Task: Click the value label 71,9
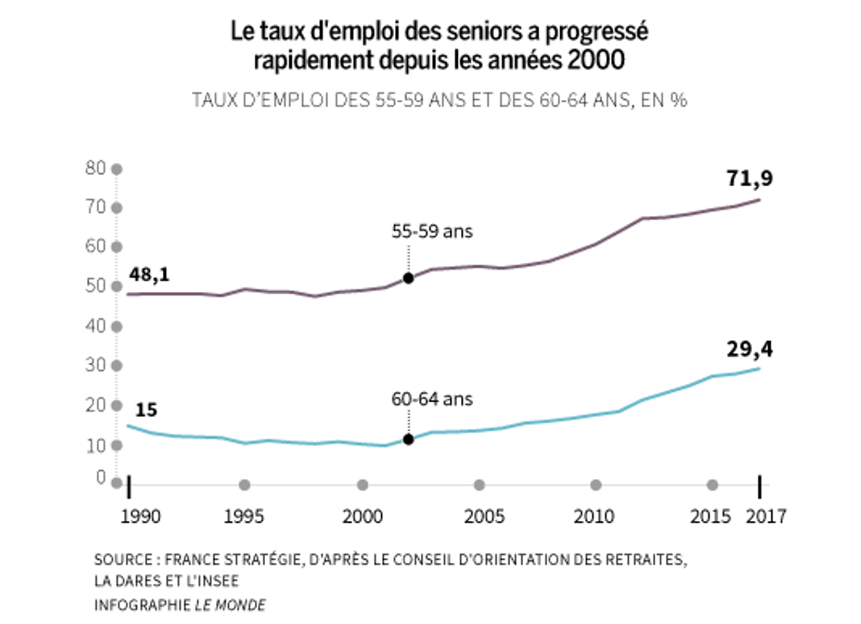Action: click(749, 178)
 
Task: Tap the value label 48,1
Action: click(149, 274)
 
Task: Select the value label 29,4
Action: click(749, 349)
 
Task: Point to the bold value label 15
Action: click(146, 410)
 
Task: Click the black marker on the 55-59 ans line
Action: click(408, 278)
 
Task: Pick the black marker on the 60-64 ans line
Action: click(408, 440)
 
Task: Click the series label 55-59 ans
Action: click(432, 232)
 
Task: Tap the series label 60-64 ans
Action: click(432, 399)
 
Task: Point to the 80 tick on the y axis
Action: click(95, 168)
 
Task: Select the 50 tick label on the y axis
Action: click(95, 285)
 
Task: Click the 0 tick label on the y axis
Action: click(100, 477)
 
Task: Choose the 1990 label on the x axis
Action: click(141, 516)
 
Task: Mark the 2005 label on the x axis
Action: click(484, 516)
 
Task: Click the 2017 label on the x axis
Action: click(766, 516)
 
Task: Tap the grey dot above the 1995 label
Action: click(244, 485)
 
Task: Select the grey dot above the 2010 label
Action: click(596, 485)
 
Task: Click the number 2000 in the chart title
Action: click(596, 60)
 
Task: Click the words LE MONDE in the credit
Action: click(230, 605)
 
